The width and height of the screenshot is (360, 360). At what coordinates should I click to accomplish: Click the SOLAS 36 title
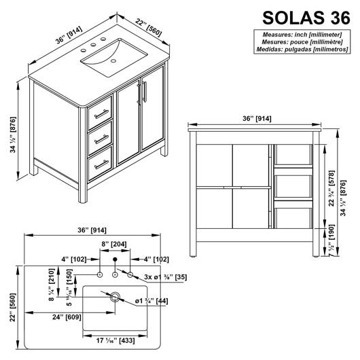[x=306, y=18]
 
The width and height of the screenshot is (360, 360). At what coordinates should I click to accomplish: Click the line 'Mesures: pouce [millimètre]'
[x=302, y=42]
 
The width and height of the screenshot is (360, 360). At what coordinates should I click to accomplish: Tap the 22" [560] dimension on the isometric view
[x=149, y=28]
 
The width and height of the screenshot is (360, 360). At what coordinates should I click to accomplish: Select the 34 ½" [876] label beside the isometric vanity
[x=13, y=134]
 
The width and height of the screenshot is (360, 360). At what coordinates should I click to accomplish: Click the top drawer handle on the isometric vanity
[x=101, y=114]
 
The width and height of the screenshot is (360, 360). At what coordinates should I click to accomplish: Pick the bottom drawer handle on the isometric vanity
[x=101, y=164]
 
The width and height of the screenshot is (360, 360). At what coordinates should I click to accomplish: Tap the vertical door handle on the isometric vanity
[x=145, y=92]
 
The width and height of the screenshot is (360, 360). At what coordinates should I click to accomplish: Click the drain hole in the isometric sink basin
[x=113, y=61]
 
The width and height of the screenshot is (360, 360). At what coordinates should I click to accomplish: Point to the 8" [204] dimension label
[x=114, y=244]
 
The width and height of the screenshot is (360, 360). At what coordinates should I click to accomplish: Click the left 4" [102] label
[x=74, y=259]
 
